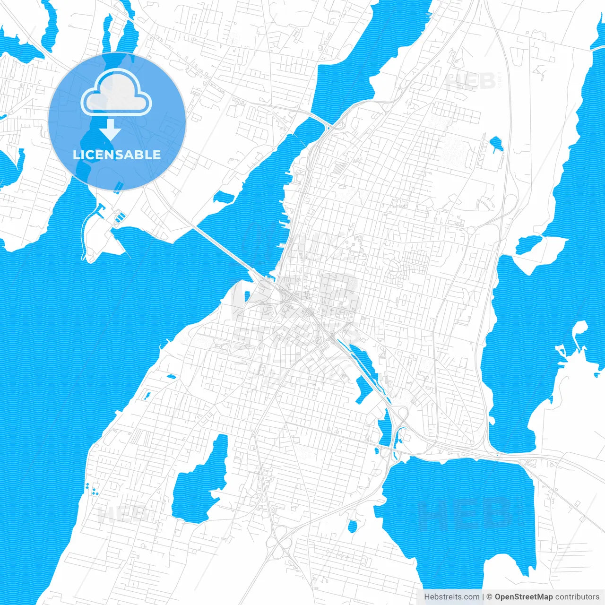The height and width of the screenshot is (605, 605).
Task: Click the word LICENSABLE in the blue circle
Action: tap(117, 155)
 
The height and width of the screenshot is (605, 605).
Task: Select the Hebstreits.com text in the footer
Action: tap(451, 597)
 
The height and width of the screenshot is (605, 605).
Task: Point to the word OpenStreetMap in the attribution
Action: tap(523, 597)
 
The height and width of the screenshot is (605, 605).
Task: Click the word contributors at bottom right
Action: tap(577, 597)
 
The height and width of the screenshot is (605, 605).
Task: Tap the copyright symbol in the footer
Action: tap(489, 597)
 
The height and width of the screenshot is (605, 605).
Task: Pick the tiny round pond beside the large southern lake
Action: tap(352, 526)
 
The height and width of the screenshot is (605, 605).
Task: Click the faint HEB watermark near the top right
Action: tap(470, 81)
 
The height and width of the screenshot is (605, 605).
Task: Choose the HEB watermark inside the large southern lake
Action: tap(466, 513)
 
